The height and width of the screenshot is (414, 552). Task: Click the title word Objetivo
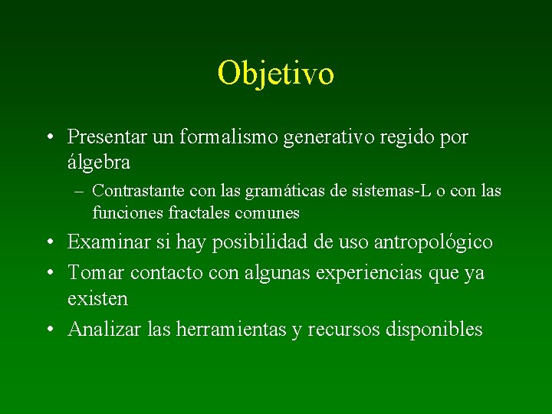click(x=275, y=74)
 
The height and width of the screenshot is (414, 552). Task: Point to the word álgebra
click(x=99, y=163)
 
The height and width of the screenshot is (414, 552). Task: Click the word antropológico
click(x=432, y=242)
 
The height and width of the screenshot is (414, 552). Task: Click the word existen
click(x=97, y=297)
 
